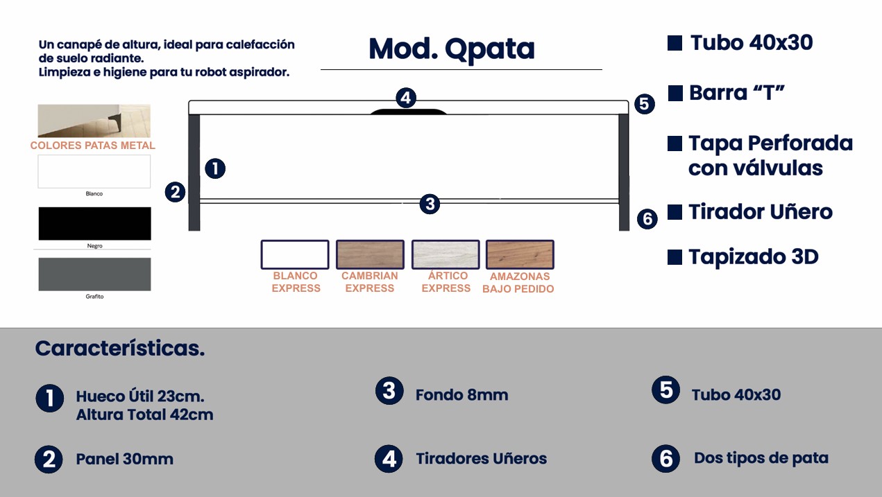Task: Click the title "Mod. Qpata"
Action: tap(452, 49)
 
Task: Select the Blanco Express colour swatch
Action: tap(295, 254)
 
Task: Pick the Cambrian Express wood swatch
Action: tap(370, 254)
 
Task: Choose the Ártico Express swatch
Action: tap(446, 254)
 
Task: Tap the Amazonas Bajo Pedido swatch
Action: tap(520, 254)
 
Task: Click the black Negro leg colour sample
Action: tap(94, 223)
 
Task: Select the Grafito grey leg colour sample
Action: tap(94, 274)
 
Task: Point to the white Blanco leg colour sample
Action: tap(94, 171)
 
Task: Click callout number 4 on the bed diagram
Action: tap(407, 98)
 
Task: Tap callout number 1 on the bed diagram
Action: tap(215, 168)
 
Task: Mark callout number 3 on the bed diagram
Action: tap(430, 204)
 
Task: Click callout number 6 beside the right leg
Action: tap(647, 220)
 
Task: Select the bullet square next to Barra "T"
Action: tap(675, 93)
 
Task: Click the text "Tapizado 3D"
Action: tap(754, 257)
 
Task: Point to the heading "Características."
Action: tap(120, 348)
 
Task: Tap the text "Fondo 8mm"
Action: tap(461, 395)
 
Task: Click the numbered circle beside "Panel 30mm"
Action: tap(49, 459)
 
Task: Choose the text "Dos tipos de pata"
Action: tap(761, 458)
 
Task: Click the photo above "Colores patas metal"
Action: tap(94, 121)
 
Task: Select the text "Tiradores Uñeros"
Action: tap(481, 459)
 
